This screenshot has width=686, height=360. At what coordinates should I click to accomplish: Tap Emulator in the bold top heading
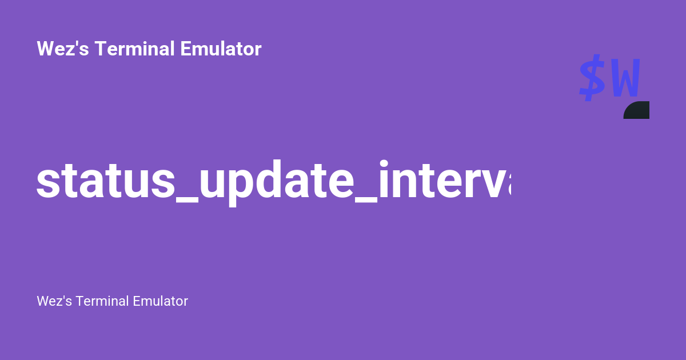coord(221,49)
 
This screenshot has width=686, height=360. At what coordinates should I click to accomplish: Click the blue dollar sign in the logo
coord(592,78)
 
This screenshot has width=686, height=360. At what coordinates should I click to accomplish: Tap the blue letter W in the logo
coord(625,79)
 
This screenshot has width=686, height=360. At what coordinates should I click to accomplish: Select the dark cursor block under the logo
coord(637,110)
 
